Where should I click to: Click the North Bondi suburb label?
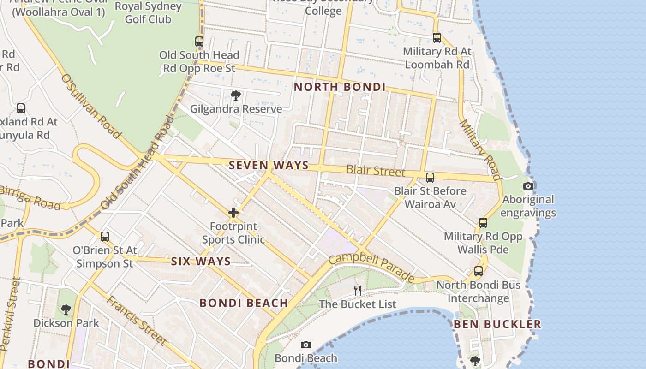click(340, 87)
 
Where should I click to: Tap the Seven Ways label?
click(269, 165)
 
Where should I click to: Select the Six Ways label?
click(201, 262)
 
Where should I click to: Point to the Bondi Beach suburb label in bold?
click(244, 303)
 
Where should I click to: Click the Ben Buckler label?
click(497, 324)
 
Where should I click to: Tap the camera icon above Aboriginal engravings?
click(528, 186)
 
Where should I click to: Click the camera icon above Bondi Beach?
click(305, 345)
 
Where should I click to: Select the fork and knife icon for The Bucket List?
click(358, 290)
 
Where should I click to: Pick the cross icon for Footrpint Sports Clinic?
click(233, 213)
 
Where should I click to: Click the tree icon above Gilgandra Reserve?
click(236, 95)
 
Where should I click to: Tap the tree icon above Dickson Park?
click(66, 309)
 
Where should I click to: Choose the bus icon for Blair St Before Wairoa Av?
click(430, 177)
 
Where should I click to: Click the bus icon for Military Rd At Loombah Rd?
click(437, 38)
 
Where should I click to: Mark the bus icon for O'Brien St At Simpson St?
click(105, 237)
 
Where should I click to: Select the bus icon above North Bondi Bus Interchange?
click(479, 271)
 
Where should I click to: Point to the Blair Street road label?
click(375, 171)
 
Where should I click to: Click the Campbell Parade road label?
click(371, 267)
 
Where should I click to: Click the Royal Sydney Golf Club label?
click(148, 13)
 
